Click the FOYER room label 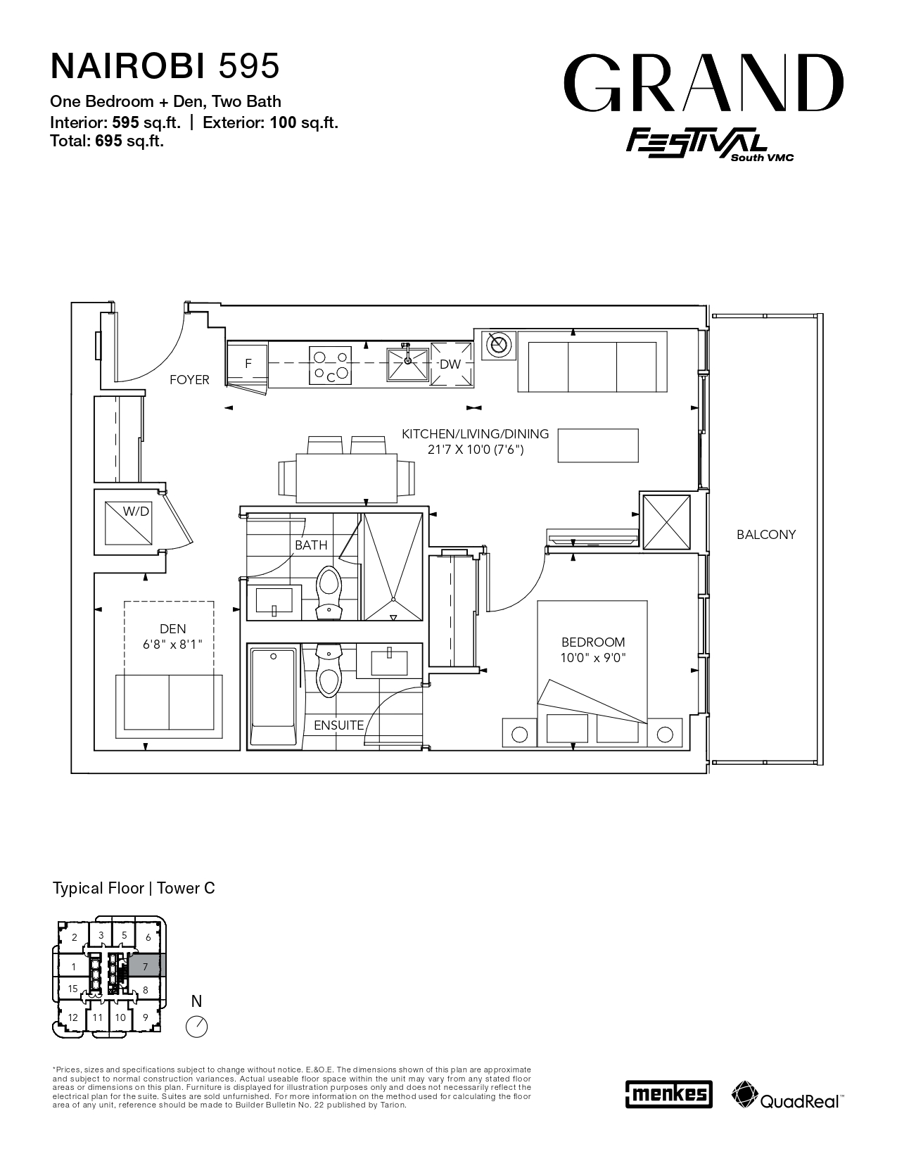(x=189, y=380)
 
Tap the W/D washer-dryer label (x=136, y=512)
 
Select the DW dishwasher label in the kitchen (x=450, y=364)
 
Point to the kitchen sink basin (x=407, y=365)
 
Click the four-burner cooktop (x=330, y=365)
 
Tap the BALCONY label (x=766, y=534)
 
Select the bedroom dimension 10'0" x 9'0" (x=593, y=657)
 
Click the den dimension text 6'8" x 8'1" (x=172, y=645)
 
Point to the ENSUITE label (x=338, y=725)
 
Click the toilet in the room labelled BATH (x=329, y=593)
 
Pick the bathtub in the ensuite (x=274, y=697)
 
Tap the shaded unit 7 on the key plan (x=146, y=967)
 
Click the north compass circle (x=196, y=1027)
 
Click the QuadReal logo (x=787, y=1095)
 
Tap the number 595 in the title (x=250, y=66)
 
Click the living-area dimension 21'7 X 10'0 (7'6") (x=476, y=450)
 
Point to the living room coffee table (x=598, y=445)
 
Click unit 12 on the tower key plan (x=72, y=1017)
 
